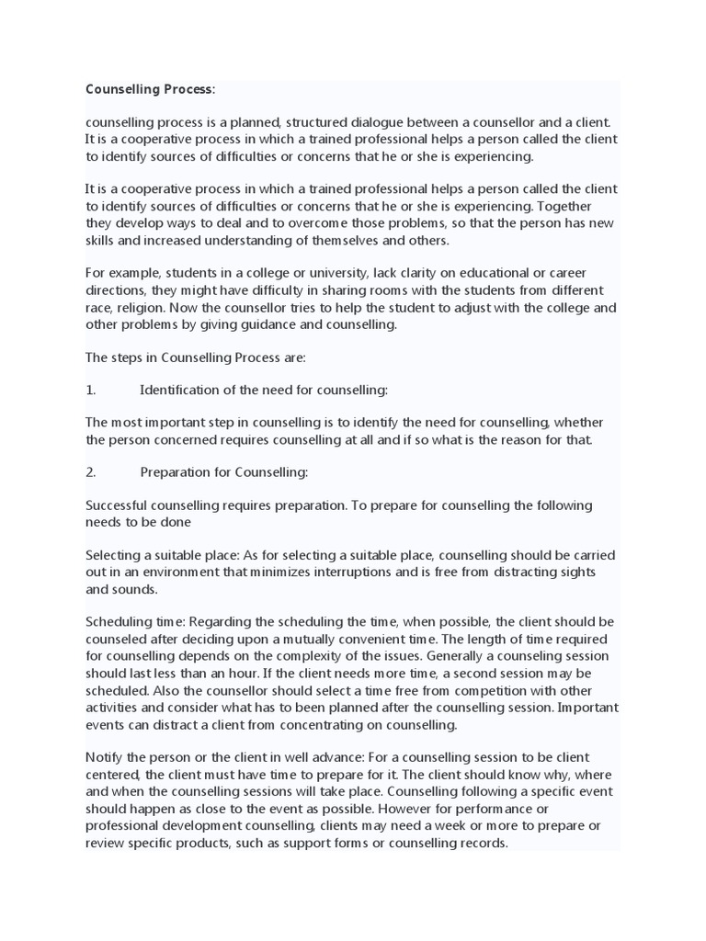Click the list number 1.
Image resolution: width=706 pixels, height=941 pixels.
(x=90, y=390)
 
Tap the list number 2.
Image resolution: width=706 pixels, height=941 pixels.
(x=90, y=472)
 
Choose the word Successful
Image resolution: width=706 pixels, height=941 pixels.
(x=119, y=505)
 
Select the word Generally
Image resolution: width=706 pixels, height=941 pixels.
(x=446, y=656)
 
